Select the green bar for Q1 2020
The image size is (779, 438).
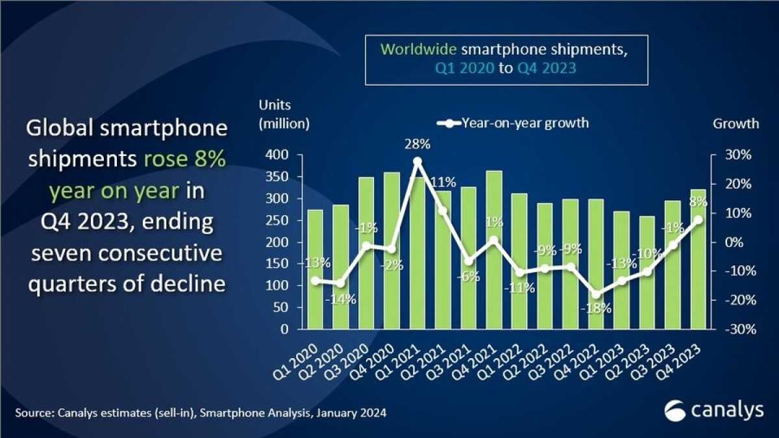coord(314,305)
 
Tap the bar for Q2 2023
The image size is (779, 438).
coord(647,305)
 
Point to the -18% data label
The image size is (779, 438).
coord(597,309)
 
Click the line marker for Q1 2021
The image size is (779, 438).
coord(417,161)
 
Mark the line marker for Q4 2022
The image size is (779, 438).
coord(596,294)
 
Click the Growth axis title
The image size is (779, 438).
coord(736,123)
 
